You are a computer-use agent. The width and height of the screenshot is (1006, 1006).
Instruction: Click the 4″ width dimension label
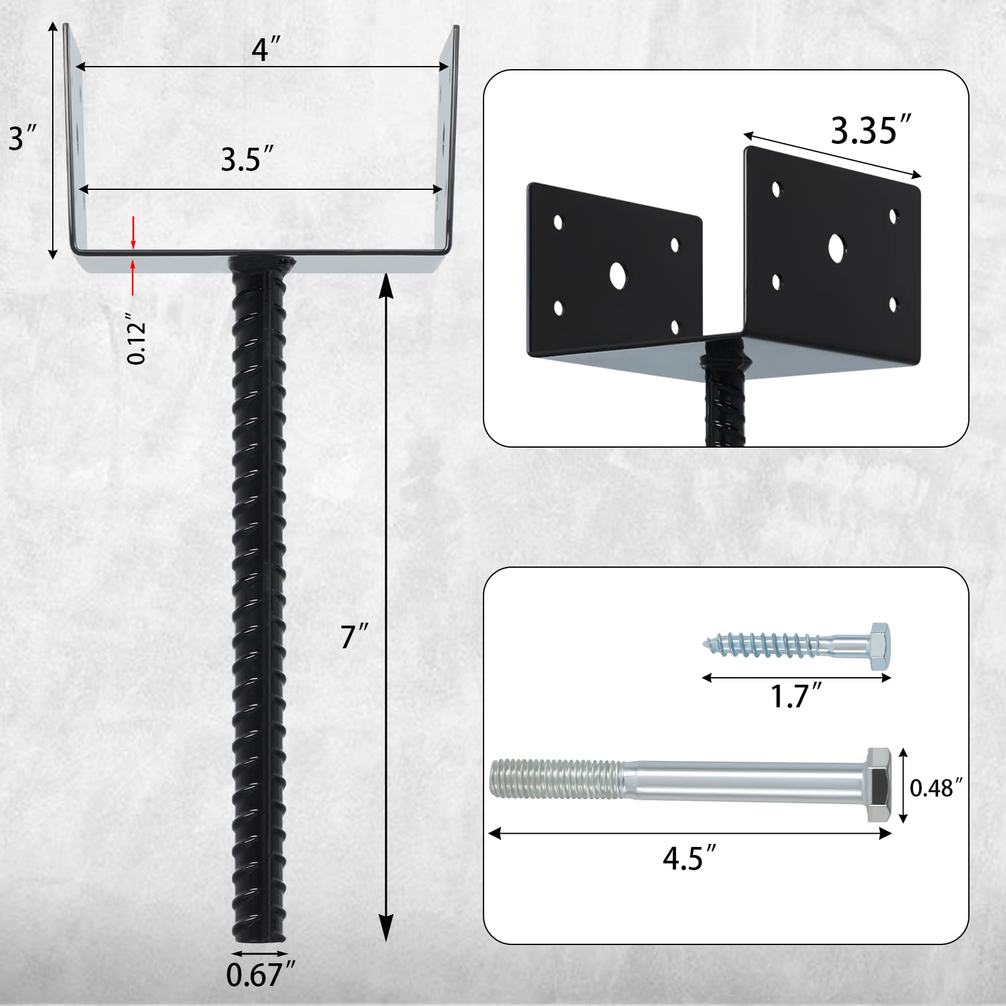tap(266, 49)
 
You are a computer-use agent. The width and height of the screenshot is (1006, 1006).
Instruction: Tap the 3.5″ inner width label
tap(247, 159)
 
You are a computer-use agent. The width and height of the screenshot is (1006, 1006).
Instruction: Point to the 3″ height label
tap(23, 137)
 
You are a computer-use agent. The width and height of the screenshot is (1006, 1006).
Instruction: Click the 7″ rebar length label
tap(354, 636)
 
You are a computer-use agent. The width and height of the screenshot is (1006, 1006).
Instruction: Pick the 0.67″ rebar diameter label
tap(260, 975)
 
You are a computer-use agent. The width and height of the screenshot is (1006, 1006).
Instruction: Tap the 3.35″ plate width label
tap(871, 131)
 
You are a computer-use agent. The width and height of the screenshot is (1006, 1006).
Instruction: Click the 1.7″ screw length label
tap(796, 696)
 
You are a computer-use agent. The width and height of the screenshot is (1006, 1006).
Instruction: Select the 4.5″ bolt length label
tap(689, 858)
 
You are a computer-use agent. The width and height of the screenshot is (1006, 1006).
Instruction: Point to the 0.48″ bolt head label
tap(936, 788)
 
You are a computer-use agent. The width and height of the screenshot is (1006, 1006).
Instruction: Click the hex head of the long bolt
tap(879, 785)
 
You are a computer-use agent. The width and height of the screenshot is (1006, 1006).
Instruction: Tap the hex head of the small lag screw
tap(880, 647)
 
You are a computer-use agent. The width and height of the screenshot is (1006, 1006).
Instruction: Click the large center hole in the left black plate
tap(617, 275)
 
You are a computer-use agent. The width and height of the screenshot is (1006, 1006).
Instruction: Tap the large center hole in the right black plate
tap(836, 248)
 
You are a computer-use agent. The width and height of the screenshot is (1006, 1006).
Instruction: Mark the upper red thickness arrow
tap(133, 233)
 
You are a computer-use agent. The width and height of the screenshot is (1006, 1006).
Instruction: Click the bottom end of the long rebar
tap(259, 937)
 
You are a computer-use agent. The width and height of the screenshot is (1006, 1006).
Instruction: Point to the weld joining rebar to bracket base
tap(261, 261)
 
